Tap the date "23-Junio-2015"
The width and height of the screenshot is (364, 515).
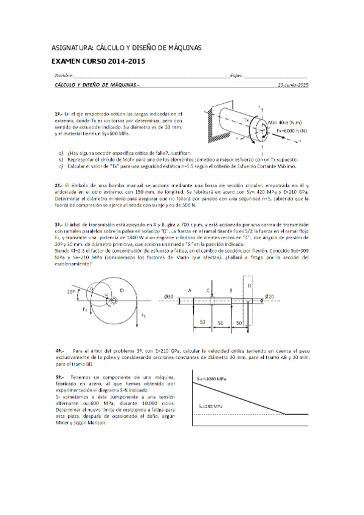click(x=292, y=86)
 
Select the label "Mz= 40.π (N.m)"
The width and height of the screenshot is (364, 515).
click(x=288, y=121)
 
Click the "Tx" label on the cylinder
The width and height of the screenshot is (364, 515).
click(x=247, y=120)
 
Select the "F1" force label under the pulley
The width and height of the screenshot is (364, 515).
click(x=144, y=316)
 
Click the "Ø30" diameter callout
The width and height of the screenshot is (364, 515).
click(x=170, y=296)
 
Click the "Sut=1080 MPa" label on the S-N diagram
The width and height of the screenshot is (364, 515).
click(x=211, y=378)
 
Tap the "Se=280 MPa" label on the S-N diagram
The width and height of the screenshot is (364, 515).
click(x=209, y=406)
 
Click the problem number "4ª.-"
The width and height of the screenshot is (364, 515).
click(x=60, y=350)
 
